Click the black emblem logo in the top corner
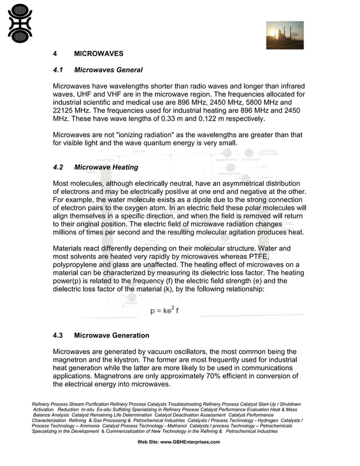click(x=20, y=24)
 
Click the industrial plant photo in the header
click(x=284, y=36)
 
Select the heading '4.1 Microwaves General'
click(x=97, y=71)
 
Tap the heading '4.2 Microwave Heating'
click(x=95, y=168)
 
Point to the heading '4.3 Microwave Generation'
click(x=101, y=336)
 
